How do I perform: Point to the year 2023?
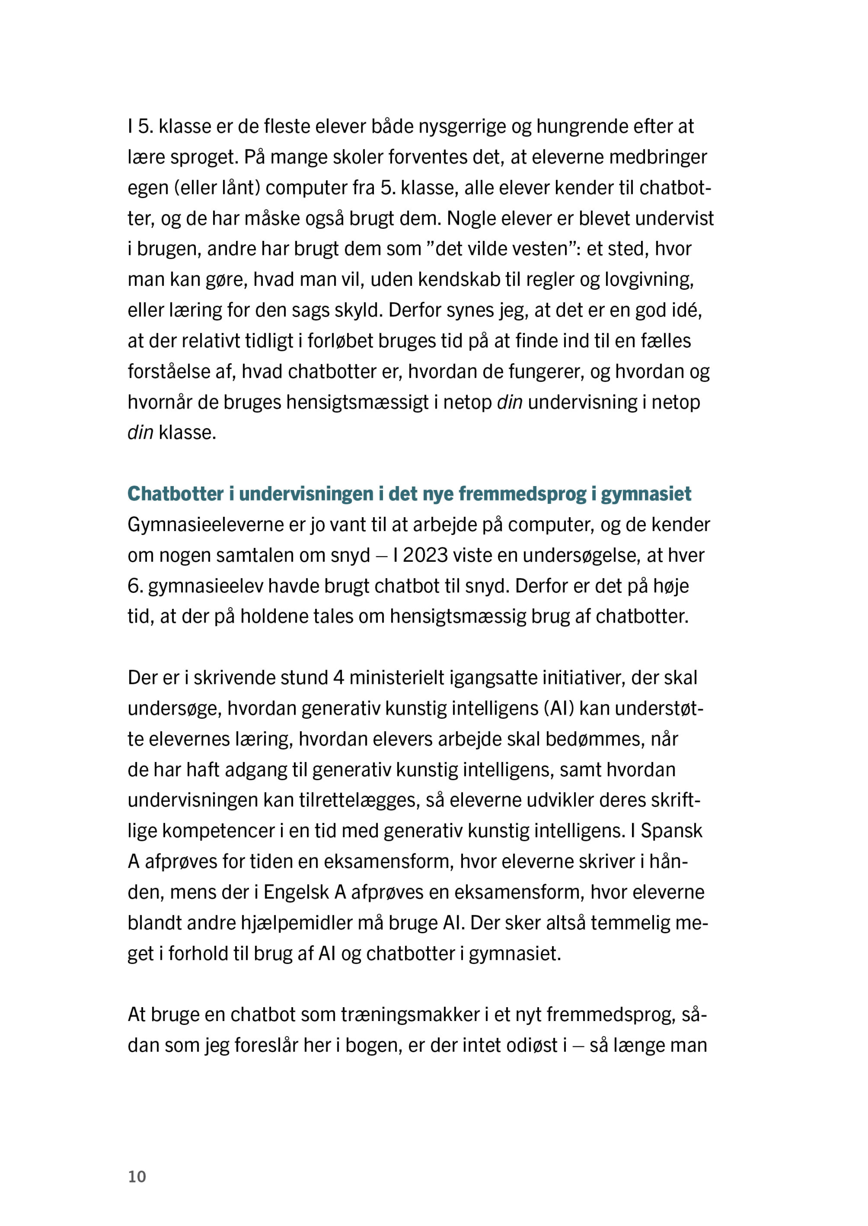pos(425,556)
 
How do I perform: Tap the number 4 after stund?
pos(338,678)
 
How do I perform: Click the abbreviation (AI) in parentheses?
pos(559,708)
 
